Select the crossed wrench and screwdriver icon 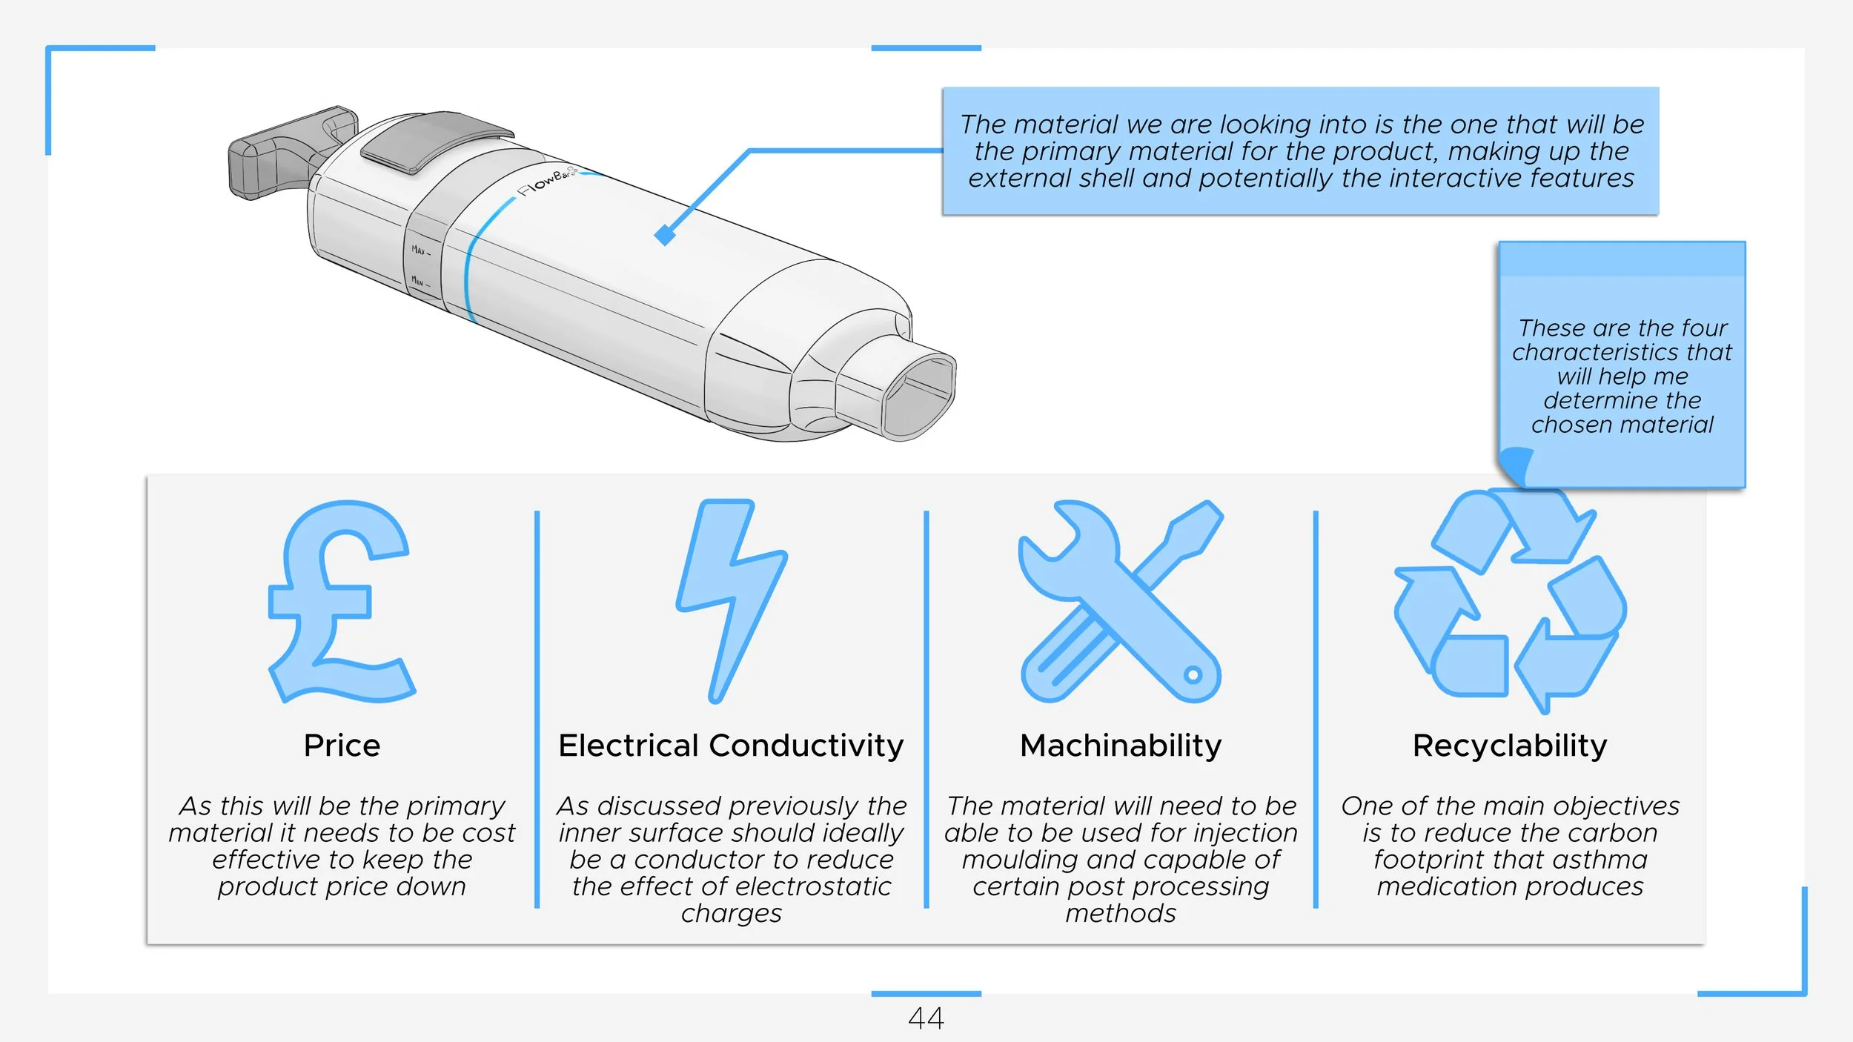1120,602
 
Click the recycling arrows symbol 1510,602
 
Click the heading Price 342,746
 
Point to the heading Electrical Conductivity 731,746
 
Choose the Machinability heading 1121,746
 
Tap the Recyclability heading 1510,746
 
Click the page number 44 926,1018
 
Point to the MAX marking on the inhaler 420,250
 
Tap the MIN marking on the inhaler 419,281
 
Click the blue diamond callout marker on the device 665,235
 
